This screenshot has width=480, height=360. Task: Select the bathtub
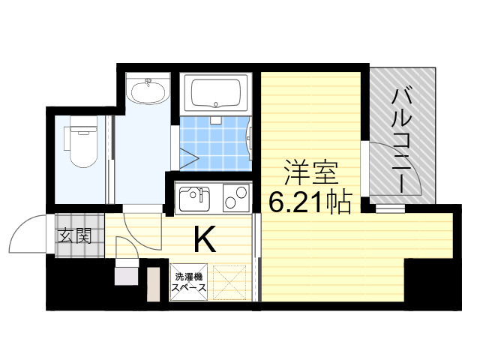[216, 92]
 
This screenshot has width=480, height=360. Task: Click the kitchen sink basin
[195, 199]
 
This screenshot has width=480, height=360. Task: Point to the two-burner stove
[236, 198]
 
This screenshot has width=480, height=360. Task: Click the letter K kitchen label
[205, 238]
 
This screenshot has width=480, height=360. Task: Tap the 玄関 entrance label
[75, 236]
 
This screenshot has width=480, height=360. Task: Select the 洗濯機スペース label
[188, 283]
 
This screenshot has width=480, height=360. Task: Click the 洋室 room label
[311, 172]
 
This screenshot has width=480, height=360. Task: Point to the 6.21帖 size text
[310, 202]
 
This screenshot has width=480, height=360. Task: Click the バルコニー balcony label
[401, 141]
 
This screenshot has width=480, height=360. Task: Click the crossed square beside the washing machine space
[229, 282]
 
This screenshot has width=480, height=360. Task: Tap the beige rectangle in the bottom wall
[153, 284]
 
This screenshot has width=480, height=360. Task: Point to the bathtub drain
[216, 104]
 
